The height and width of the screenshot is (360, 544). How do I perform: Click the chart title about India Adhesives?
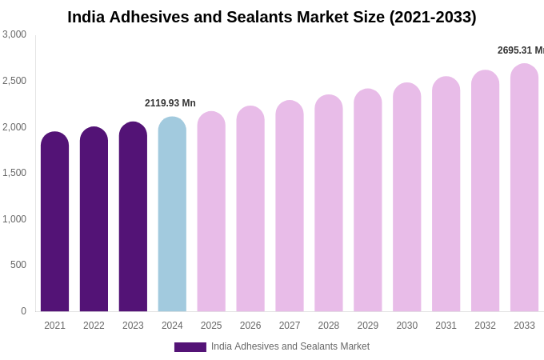coord(271,17)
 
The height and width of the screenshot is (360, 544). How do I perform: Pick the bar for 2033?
coord(524,188)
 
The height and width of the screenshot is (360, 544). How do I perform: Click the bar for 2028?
coord(328,203)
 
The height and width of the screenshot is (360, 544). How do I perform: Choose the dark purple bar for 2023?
coord(133,217)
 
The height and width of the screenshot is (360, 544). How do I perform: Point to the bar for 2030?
coord(406,198)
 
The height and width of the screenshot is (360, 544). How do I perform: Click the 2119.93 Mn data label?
coord(170,103)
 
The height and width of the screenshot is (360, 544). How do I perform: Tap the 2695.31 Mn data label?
coord(520,50)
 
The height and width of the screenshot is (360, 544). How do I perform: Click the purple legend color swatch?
coord(190,347)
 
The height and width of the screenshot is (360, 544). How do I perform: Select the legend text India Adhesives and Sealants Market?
coord(290,346)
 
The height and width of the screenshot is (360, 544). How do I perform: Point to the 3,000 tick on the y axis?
coord(14,34)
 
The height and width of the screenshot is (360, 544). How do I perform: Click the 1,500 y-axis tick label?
coord(14,173)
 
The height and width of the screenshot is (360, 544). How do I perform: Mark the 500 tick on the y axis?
coord(18,265)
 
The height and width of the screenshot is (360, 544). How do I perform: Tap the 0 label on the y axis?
coord(23,311)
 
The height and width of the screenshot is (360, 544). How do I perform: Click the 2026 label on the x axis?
coord(250,326)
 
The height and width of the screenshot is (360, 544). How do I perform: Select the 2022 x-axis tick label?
coord(94,326)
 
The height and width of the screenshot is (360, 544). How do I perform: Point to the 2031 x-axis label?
coord(446,326)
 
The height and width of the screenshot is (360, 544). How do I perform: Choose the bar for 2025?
coord(211,212)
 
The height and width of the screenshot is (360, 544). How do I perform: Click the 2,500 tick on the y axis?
coord(14,81)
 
